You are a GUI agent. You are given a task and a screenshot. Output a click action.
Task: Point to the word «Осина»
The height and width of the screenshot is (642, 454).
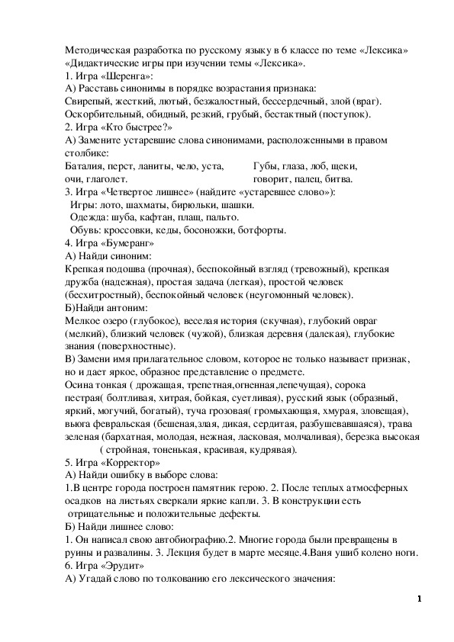[80, 386]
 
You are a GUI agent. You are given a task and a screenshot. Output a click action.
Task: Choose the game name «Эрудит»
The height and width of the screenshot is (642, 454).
[121, 566]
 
